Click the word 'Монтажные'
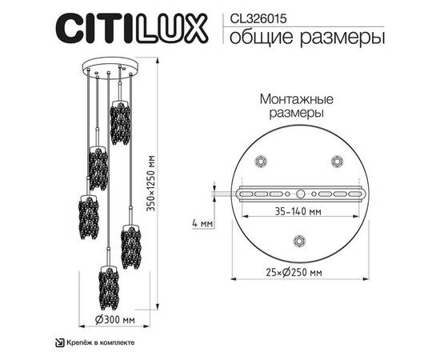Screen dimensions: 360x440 tap(290, 100)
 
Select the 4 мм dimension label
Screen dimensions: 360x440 tap(204, 223)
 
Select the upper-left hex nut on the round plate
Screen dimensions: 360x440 tap(260, 162)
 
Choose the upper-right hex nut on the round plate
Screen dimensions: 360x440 tap(337, 162)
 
